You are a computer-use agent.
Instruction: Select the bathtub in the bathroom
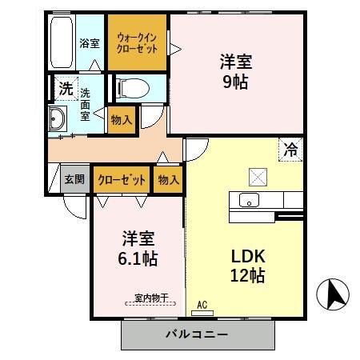tap(62, 42)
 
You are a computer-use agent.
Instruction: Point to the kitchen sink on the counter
tap(248, 200)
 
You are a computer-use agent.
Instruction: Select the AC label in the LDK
tap(202, 304)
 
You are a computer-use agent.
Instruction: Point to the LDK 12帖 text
tap(249, 266)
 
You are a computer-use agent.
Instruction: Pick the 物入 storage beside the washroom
tap(122, 120)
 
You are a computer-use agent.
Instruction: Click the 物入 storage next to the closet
tap(168, 179)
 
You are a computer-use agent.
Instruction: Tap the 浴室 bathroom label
tap(90, 43)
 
